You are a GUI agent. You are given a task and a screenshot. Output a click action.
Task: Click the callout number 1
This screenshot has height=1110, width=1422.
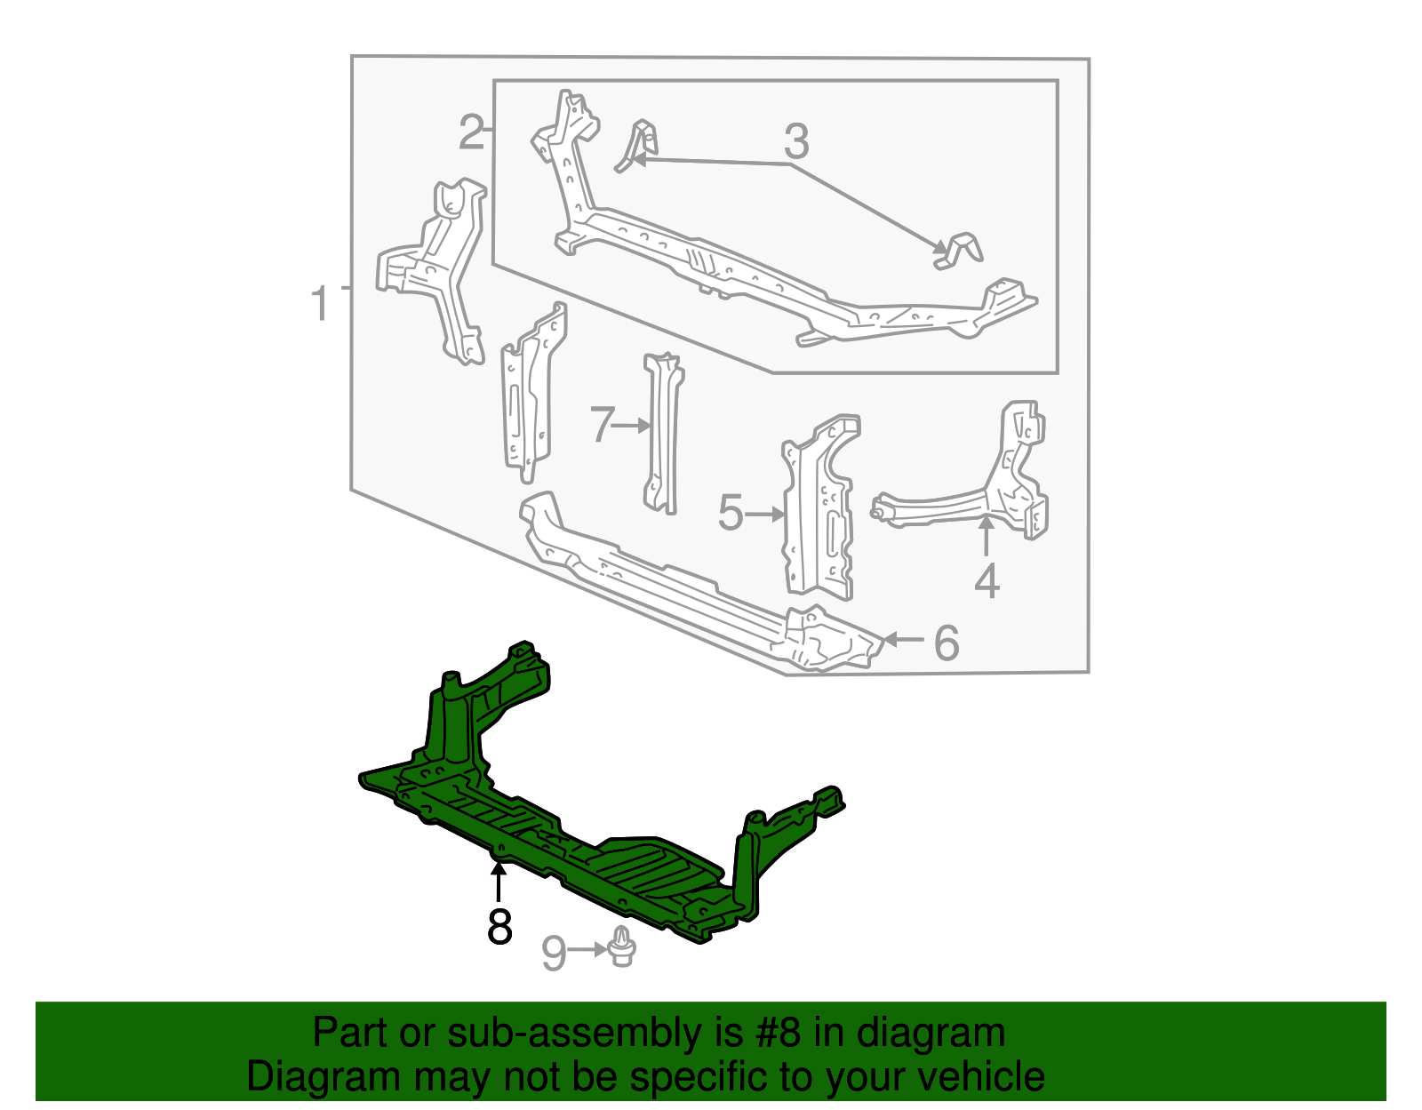[320, 303]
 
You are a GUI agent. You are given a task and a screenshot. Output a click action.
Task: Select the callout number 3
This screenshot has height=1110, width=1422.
[796, 141]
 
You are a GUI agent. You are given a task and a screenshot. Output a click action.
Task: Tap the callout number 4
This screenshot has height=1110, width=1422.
[987, 582]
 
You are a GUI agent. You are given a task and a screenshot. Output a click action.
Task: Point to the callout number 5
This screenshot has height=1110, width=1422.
[731, 514]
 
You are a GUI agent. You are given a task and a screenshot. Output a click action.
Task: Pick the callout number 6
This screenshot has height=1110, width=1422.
[947, 643]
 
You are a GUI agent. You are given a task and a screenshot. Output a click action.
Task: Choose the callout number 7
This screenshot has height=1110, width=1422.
[602, 425]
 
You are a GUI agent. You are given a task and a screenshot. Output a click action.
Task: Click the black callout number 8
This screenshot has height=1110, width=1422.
[499, 927]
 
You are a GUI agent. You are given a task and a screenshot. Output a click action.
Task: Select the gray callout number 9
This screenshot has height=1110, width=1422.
[554, 954]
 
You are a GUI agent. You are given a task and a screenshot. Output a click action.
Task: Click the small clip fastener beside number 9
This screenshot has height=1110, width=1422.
[622, 947]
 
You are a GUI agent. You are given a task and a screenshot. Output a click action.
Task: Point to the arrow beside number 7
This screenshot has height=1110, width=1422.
[633, 426]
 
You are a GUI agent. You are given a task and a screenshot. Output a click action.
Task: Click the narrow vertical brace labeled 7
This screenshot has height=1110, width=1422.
[662, 435]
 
